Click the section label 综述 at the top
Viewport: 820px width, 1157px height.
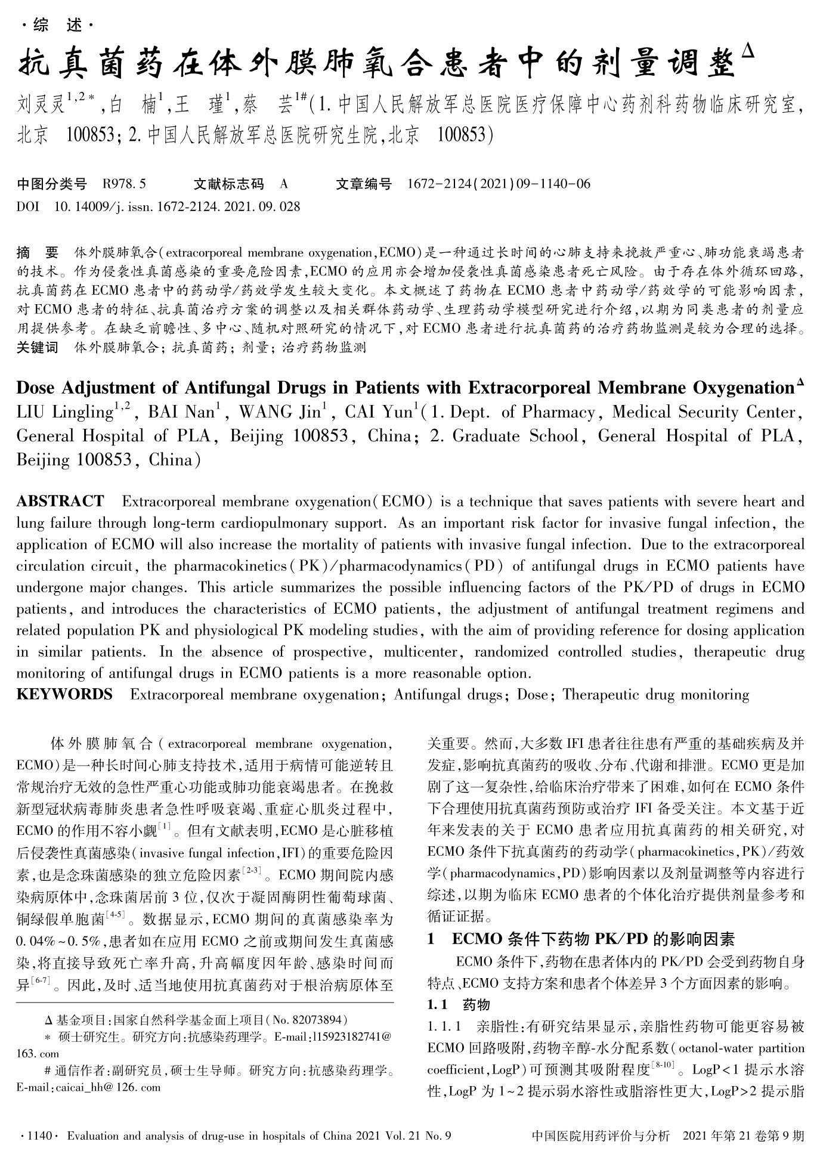tap(57, 26)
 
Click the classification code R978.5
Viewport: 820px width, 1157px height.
tap(124, 184)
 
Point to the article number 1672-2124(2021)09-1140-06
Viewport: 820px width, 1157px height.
tap(498, 184)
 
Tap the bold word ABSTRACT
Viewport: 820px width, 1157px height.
tap(60, 501)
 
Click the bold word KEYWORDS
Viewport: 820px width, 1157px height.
tap(64, 694)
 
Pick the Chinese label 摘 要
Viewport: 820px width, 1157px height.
tap(37, 252)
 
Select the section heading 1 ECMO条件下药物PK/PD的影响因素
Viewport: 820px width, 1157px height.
tap(581, 939)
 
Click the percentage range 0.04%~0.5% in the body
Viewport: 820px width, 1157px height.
tap(60, 942)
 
